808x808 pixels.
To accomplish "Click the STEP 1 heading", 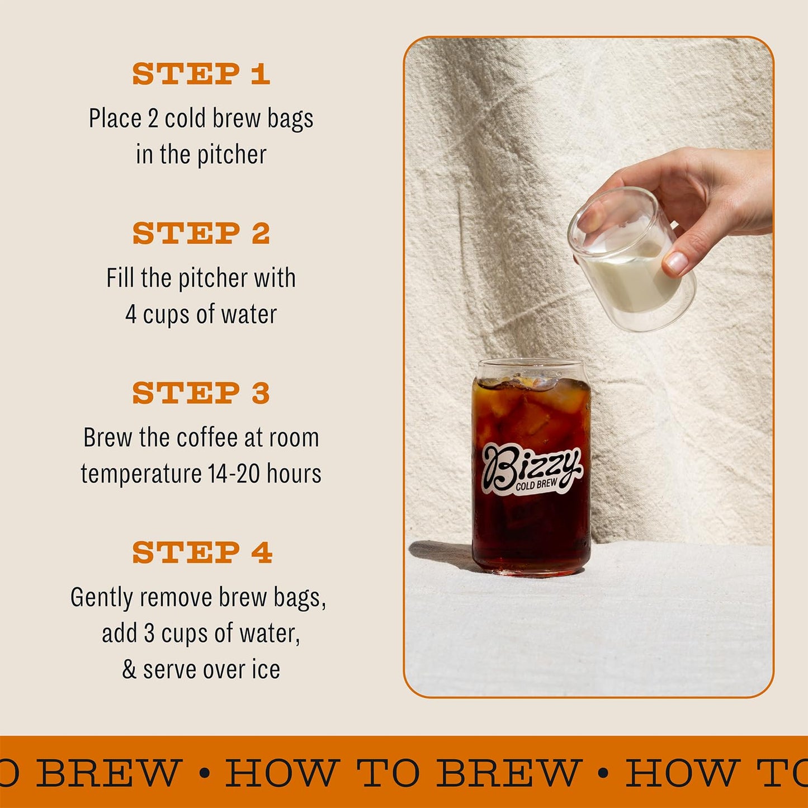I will [x=201, y=74].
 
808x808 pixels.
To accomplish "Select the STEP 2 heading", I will [x=201, y=233].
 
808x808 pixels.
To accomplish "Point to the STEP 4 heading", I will [x=202, y=552].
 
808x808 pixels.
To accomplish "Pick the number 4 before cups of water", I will [x=131, y=314].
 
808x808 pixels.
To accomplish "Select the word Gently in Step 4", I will [x=102, y=597].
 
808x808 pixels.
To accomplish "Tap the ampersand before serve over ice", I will [x=129, y=669].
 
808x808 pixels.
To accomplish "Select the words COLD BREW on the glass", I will [x=537, y=484].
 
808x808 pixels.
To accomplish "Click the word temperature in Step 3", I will [x=141, y=474].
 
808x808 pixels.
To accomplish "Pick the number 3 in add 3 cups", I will [x=149, y=634].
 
